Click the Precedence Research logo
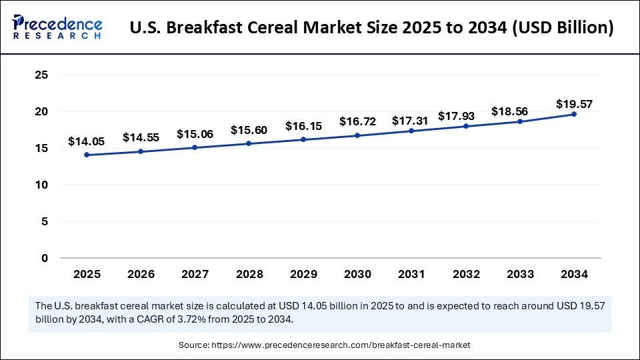pos(57,27)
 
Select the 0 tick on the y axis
pos(45,258)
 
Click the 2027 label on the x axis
pos(195,274)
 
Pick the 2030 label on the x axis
pos(358,274)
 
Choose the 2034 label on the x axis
pos(574,274)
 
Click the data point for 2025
pos(87,155)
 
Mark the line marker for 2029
pos(303,139)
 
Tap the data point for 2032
pos(466,126)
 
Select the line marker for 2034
pos(574,114)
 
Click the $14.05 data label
pos(87,141)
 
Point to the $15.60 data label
pos(249,130)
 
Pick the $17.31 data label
pos(411,121)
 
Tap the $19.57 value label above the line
pos(574,104)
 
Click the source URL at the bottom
pos(341,345)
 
